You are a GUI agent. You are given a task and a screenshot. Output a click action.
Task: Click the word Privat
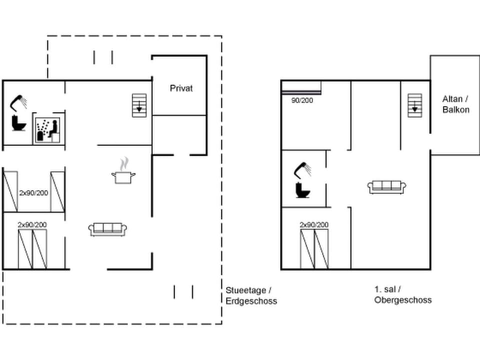click(x=181, y=88)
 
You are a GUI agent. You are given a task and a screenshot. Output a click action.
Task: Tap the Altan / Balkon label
click(x=455, y=104)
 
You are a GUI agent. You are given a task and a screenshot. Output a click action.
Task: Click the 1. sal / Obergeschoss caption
click(x=402, y=294)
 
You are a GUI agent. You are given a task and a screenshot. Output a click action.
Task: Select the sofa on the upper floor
click(x=386, y=187)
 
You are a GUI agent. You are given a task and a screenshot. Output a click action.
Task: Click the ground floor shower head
click(x=20, y=102)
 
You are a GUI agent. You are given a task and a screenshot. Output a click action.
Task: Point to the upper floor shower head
click(x=302, y=169)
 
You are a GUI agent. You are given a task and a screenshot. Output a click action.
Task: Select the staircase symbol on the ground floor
click(x=139, y=105)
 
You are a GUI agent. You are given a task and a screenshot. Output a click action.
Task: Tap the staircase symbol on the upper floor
click(x=414, y=105)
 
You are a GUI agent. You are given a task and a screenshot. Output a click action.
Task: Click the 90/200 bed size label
click(x=302, y=100)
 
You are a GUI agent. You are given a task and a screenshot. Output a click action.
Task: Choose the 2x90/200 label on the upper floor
click(x=314, y=225)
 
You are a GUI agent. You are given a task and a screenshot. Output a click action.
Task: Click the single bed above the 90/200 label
click(x=300, y=91)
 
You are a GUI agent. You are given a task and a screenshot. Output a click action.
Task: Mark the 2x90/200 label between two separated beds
click(x=34, y=192)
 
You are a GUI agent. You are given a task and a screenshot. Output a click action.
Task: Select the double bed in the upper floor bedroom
click(x=314, y=249)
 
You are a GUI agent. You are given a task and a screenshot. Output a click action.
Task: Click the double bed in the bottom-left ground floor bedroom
click(x=32, y=249)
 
